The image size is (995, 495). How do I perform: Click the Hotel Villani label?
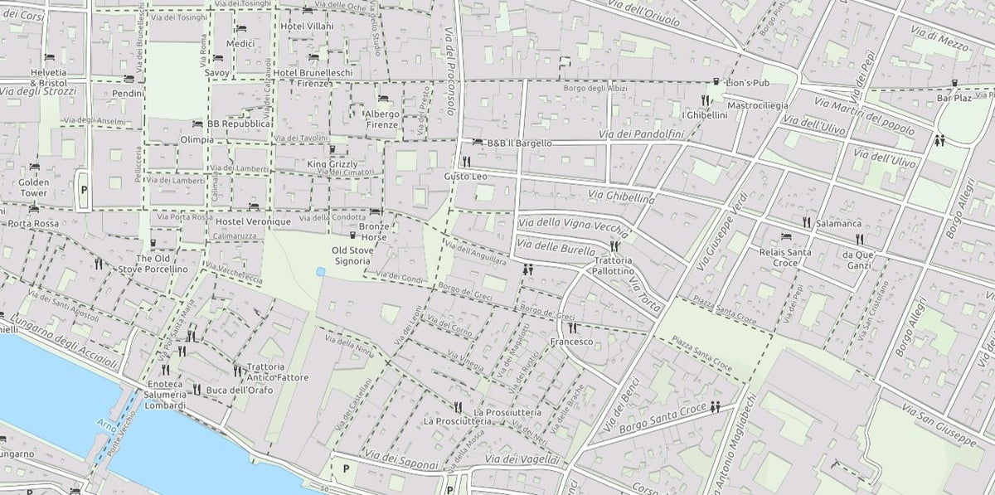click(307, 26)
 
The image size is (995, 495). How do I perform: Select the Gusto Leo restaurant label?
click(465, 177)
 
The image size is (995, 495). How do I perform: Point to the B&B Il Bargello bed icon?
click(478, 143)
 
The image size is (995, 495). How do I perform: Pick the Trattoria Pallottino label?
click(614, 266)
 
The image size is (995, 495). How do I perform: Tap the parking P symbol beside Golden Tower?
click(84, 189)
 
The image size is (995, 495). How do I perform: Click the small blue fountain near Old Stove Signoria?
click(320, 271)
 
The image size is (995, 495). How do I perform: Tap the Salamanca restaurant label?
click(837, 223)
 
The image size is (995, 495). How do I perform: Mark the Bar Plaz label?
click(954, 98)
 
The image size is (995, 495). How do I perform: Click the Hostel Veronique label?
click(253, 222)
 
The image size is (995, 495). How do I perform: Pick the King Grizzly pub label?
click(332, 164)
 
